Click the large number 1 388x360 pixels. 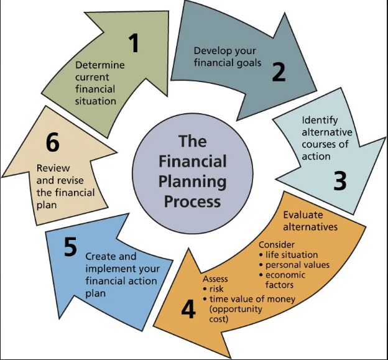click(134, 43)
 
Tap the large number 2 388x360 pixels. click(279, 72)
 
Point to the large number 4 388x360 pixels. click(188, 309)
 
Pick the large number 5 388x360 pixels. click(70, 246)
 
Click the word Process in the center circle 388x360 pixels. click(193, 203)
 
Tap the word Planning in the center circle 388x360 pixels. click(193, 182)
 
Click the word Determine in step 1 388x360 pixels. click(100, 65)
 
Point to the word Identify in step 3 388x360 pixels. click(320, 120)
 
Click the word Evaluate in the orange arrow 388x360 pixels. click(303, 215)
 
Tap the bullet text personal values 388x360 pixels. click(297, 265)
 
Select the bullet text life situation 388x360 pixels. click(292, 254)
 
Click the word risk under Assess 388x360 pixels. click(216, 288)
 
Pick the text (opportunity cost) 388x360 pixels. click(236, 314)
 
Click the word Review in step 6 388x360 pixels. click(53, 168)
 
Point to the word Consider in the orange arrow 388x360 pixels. click(277, 245)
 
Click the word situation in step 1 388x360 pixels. click(96, 101)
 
